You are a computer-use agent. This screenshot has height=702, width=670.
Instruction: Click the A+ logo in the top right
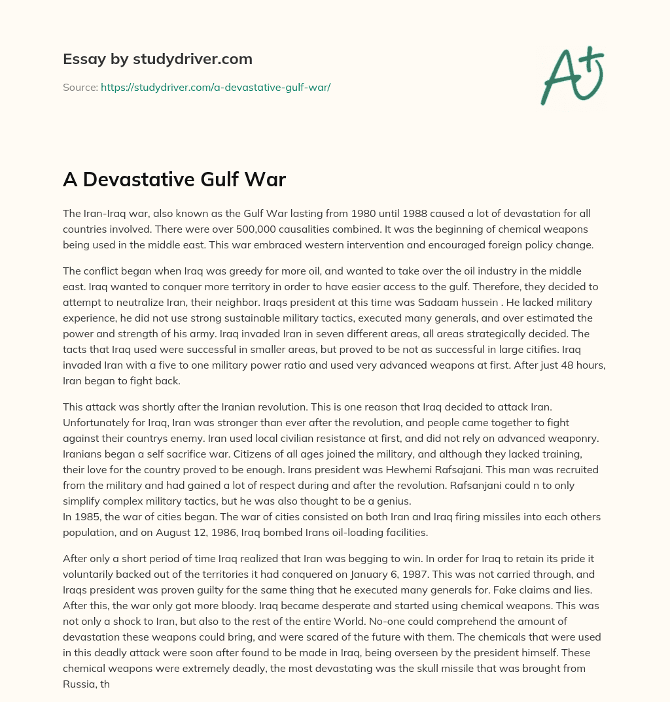573,75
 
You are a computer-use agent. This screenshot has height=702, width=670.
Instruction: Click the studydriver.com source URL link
215,87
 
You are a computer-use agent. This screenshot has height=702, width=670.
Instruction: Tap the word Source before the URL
80,87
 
